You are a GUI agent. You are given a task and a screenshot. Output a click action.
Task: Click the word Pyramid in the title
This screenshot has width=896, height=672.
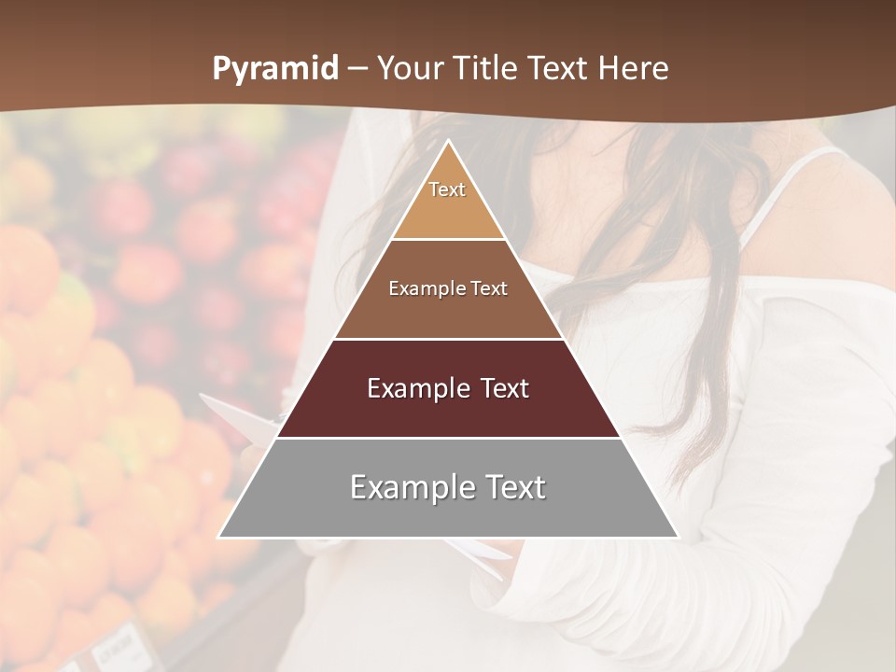tap(274, 69)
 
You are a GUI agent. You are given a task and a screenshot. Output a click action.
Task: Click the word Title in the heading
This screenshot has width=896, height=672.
tap(486, 69)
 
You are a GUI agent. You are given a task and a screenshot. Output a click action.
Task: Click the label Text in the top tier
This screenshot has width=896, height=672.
tap(447, 189)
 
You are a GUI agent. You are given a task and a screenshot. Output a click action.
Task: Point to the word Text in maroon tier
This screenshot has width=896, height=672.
tap(499, 388)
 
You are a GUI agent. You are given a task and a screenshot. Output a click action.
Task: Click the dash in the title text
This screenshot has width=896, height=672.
tap(357, 69)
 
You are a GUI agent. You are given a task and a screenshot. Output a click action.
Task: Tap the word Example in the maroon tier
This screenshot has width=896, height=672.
tap(415, 388)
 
